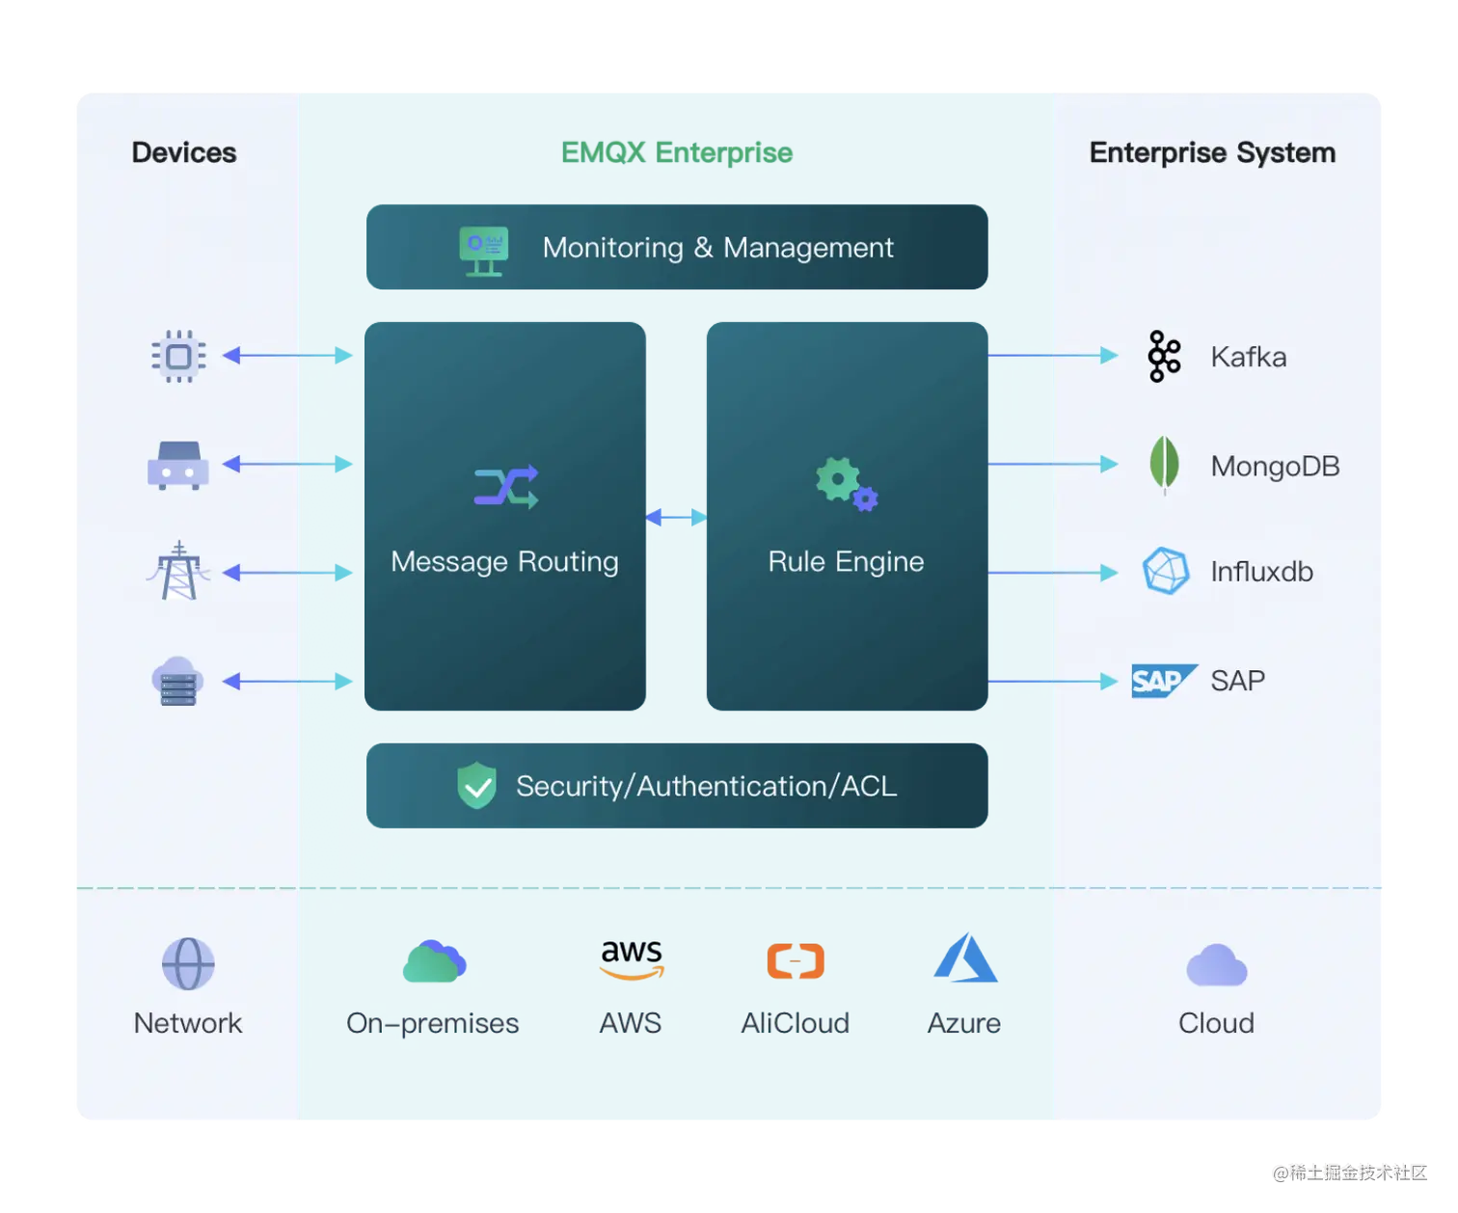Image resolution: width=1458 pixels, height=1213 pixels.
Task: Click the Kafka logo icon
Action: (1163, 356)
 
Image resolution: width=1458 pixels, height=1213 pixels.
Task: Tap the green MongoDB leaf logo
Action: (1163, 465)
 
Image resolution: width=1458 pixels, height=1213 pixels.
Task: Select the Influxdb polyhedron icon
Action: (1165, 571)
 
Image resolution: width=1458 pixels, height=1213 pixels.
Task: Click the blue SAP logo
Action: (1164, 680)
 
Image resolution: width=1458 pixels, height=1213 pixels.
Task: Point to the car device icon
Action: (178, 465)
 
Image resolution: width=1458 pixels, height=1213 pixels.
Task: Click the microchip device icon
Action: (178, 356)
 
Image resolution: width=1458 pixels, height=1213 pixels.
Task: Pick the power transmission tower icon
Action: (178, 571)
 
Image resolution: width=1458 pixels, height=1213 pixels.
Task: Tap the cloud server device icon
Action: (178, 681)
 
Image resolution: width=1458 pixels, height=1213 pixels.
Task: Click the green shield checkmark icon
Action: (476, 785)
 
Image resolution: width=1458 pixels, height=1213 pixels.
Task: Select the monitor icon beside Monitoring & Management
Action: (483, 251)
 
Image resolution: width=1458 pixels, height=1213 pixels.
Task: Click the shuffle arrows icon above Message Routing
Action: (505, 486)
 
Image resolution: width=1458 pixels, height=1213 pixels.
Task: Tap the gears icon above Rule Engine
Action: (847, 484)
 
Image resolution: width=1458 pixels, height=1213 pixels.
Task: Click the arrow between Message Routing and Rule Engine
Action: (676, 517)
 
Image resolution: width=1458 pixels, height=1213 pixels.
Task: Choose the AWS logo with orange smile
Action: (632, 958)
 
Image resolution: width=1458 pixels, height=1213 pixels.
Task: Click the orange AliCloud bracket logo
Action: (795, 961)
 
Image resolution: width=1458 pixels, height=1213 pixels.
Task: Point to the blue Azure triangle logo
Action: (965, 957)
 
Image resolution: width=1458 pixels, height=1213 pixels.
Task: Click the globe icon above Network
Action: (188, 963)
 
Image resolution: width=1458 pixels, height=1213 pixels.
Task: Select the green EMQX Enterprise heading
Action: (677, 152)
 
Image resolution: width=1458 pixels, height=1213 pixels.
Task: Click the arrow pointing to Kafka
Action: (1053, 356)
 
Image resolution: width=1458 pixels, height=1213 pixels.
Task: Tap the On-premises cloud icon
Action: (434, 961)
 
